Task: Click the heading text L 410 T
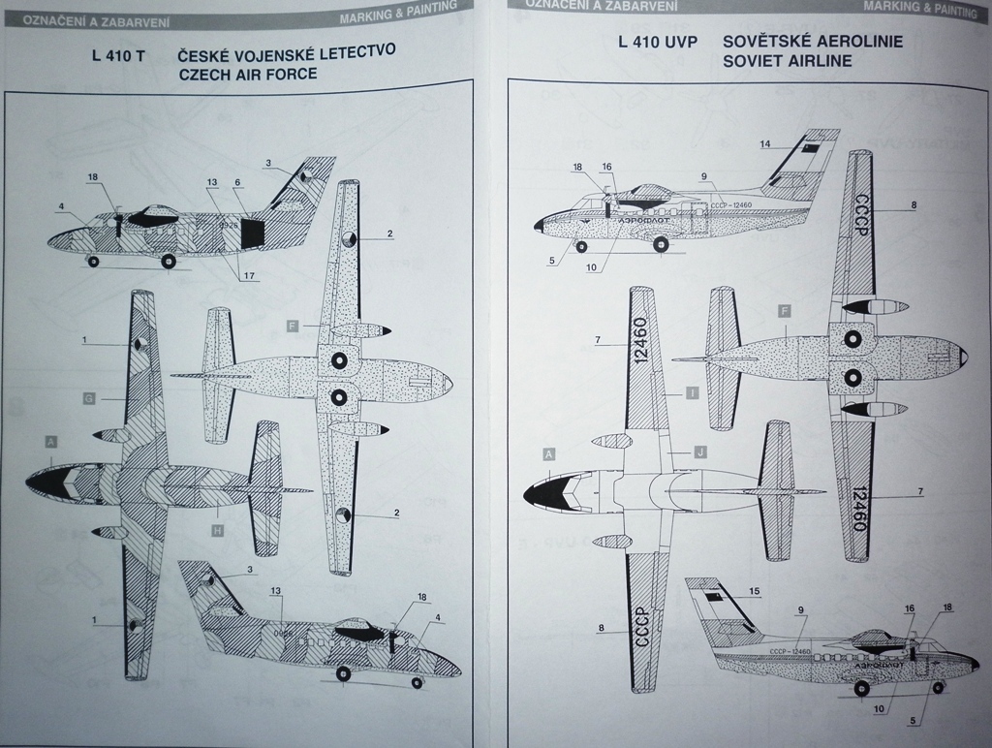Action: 117,56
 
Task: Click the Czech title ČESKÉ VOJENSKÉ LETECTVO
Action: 287,54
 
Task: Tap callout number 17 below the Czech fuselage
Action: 250,276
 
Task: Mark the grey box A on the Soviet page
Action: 548,454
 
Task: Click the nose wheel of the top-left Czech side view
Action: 93,261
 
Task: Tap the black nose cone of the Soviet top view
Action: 540,495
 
